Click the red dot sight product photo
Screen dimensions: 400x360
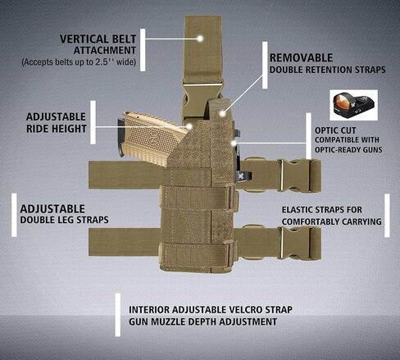pyautogui.click(x=354, y=105)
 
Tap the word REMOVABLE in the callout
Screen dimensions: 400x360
pyautogui.click(x=301, y=58)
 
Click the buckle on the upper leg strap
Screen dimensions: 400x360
pyautogui.click(x=296, y=175)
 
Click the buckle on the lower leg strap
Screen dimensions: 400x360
pyautogui.click(x=296, y=243)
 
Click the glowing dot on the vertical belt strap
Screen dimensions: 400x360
pyautogui.click(x=200, y=39)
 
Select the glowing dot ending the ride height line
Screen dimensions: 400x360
pyautogui.click(x=189, y=126)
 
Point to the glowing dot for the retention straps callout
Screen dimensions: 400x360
pyautogui.click(x=223, y=113)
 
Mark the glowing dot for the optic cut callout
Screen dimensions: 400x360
pyautogui.click(x=234, y=143)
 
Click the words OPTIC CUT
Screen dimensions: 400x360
pyautogui.click(x=335, y=130)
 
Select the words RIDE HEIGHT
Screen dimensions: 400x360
pyautogui.click(x=57, y=129)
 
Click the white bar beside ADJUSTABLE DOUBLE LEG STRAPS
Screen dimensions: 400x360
pyautogui.click(x=14, y=215)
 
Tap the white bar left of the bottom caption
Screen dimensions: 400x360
pyautogui.click(x=118, y=315)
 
